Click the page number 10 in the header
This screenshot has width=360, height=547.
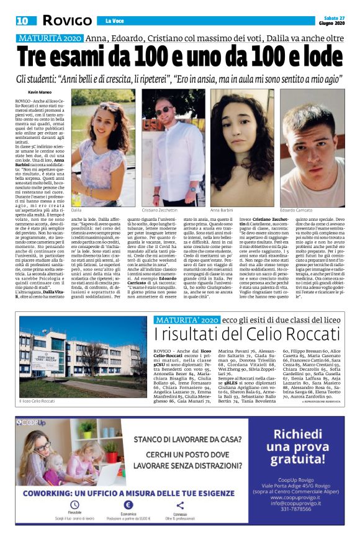click(22, 20)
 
